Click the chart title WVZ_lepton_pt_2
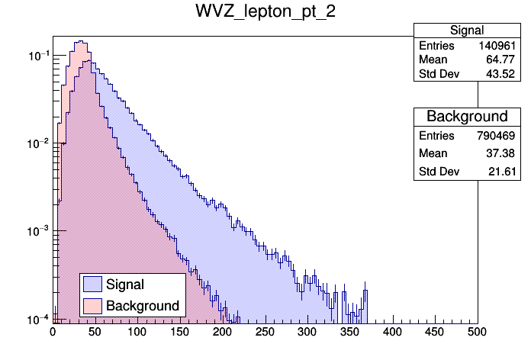(265, 14)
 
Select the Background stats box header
(466, 116)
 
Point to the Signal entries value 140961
(499, 46)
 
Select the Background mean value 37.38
(505, 153)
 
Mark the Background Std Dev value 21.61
(505, 172)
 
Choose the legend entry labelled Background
(143, 306)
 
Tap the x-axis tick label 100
(137, 332)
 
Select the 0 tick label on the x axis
(53, 332)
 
